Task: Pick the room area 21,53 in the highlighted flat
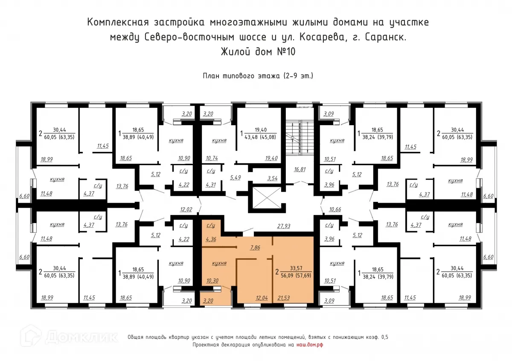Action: pos(284,297)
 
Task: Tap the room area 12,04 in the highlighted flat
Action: pos(261,297)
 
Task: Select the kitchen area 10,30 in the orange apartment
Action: pos(212,281)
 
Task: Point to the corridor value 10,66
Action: pos(336,209)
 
